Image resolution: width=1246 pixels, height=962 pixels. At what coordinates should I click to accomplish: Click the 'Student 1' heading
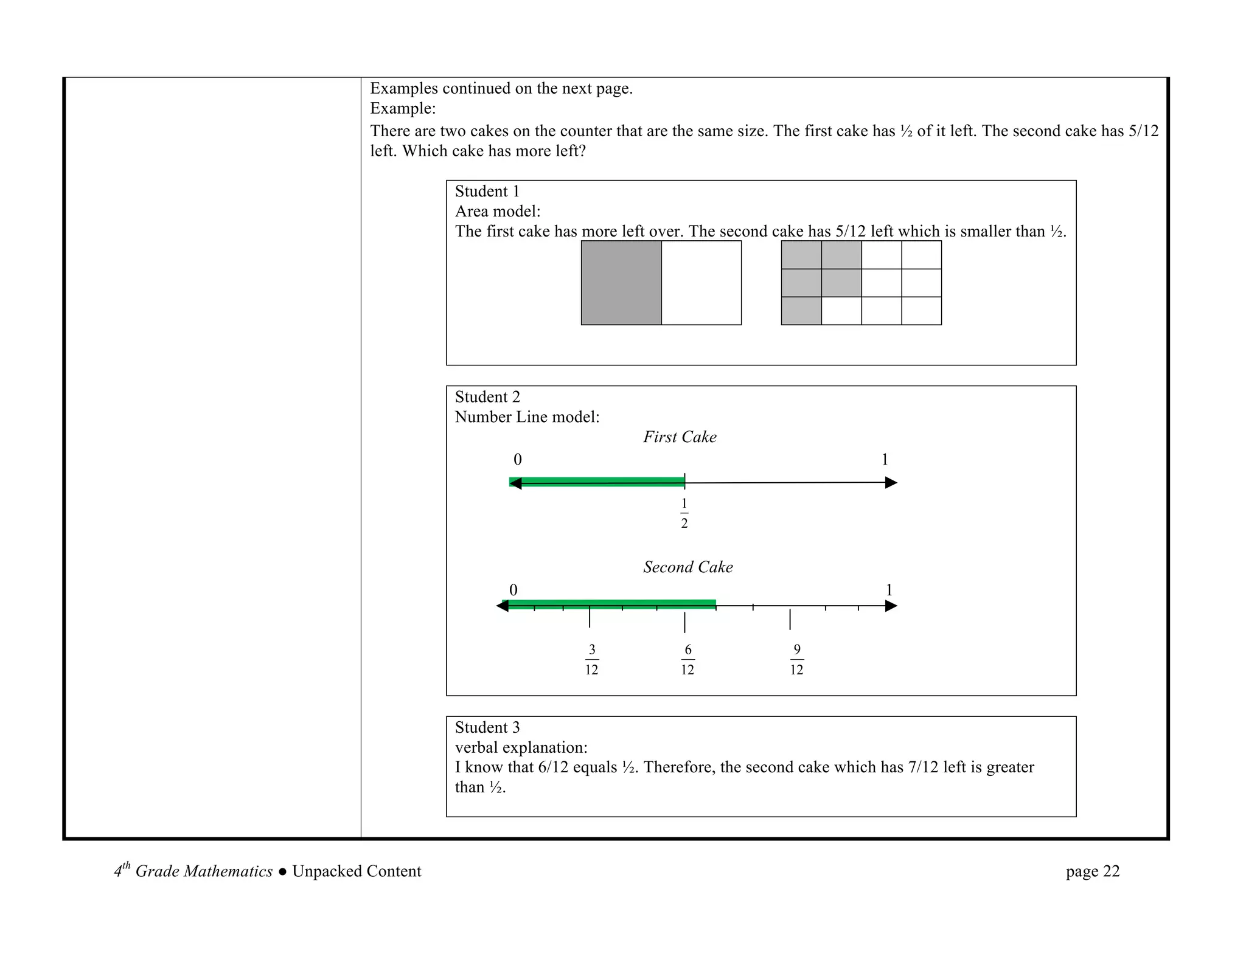click(487, 192)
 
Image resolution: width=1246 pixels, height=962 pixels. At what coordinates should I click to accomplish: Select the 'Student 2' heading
click(487, 397)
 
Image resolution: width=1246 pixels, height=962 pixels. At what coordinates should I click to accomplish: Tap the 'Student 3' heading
click(487, 727)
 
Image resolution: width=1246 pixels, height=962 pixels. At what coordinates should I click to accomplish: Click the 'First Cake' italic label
click(680, 437)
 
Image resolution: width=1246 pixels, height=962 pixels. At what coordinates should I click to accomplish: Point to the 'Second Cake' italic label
click(687, 567)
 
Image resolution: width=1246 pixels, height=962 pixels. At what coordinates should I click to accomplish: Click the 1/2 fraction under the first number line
click(684, 513)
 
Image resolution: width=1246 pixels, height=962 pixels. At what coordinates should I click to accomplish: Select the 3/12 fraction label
click(592, 660)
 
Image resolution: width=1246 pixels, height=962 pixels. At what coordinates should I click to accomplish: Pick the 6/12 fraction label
click(687, 660)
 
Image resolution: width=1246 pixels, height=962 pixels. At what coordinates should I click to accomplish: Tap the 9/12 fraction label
click(796, 660)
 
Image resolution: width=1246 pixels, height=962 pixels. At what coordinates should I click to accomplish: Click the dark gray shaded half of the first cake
click(621, 283)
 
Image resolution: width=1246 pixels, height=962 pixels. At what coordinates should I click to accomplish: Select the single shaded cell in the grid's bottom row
click(801, 311)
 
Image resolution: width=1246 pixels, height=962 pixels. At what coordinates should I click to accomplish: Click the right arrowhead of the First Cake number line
click(891, 483)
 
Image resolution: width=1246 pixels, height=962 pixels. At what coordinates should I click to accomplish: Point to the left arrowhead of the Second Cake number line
click(503, 606)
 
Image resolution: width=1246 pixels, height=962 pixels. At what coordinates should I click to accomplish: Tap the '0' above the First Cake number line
click(518, 460)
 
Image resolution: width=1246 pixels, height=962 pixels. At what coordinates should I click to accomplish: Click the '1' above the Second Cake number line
click(889, 590)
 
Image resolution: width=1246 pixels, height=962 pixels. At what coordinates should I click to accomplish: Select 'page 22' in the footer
click(1092, 871)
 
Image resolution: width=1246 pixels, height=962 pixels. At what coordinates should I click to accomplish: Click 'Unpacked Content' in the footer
click(357, 871)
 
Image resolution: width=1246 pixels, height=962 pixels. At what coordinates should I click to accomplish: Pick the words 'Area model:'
click(498, 212)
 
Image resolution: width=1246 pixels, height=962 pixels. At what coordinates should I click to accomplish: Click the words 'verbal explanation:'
click(521, 747)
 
